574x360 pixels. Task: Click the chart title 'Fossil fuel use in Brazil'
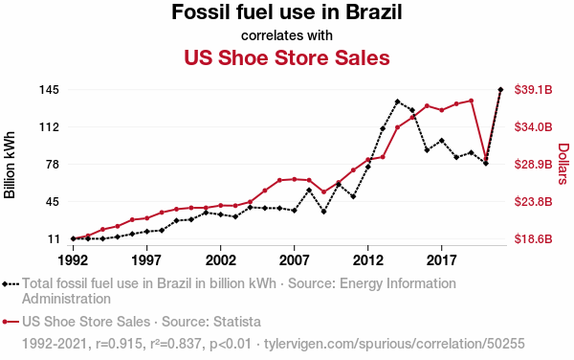coord(287,12)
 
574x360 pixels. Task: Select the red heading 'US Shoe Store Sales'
coord(287,57)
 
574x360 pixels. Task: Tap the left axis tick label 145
coord(49,90)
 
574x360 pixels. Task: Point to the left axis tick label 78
coord(53,164)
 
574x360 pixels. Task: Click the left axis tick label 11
coord(53,238)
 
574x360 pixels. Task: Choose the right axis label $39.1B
coord(534,90)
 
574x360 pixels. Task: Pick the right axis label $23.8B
coord(534,201)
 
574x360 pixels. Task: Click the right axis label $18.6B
coord(534,238)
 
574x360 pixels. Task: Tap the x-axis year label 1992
coord(73,260)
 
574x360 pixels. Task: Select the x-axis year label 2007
coord(294,260)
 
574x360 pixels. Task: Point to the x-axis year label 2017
coord(441,260)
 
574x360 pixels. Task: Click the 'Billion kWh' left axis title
coord(10,165)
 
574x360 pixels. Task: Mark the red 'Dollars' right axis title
coord(563,164)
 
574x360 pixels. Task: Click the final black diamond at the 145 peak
coord(500,89)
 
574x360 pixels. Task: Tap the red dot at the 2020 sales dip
coord(486,159)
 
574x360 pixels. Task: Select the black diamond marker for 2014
coord(397,101)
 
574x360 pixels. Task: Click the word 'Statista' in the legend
coord(237,322)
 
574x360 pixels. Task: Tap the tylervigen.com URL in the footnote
coord(394,344)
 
